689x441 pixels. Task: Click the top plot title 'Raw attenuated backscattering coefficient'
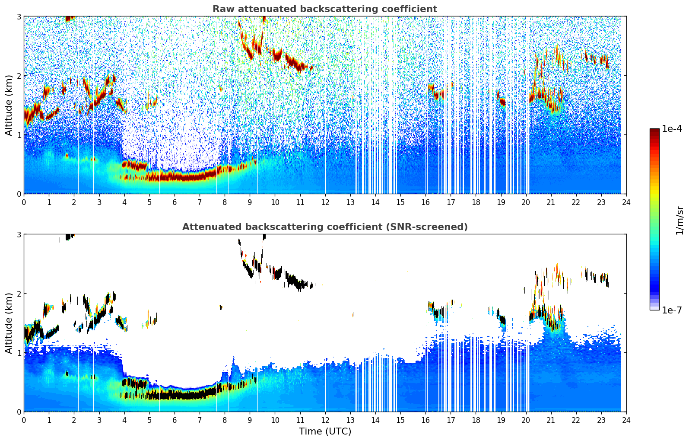tap(325, 9)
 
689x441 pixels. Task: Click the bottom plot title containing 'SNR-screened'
tap(325, 227)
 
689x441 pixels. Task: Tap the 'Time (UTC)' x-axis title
tap(325, 431)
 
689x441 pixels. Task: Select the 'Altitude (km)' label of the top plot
tap(9, 105)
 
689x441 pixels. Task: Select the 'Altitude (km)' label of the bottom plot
tap(9, 323)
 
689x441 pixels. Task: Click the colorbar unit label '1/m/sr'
tap(679, 220)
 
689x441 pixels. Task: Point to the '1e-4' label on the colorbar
tap(672, 129)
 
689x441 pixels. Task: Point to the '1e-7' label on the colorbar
tap(672, 310)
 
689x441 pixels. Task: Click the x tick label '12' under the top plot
tap(325, 202)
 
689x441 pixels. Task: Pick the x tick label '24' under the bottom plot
tap(626, 420)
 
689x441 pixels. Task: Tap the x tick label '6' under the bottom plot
tap(175, 420)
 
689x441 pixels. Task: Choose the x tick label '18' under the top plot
tap(476, 202)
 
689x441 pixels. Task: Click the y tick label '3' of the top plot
tap(19, 16)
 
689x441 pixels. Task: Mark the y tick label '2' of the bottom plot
tap(19, 294)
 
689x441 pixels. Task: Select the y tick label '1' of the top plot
tap(19, 135)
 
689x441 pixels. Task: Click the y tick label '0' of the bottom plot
tap(19, 412)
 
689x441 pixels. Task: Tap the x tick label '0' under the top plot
tap(24, 202)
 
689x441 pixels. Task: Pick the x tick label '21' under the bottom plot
tap(551, 420)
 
